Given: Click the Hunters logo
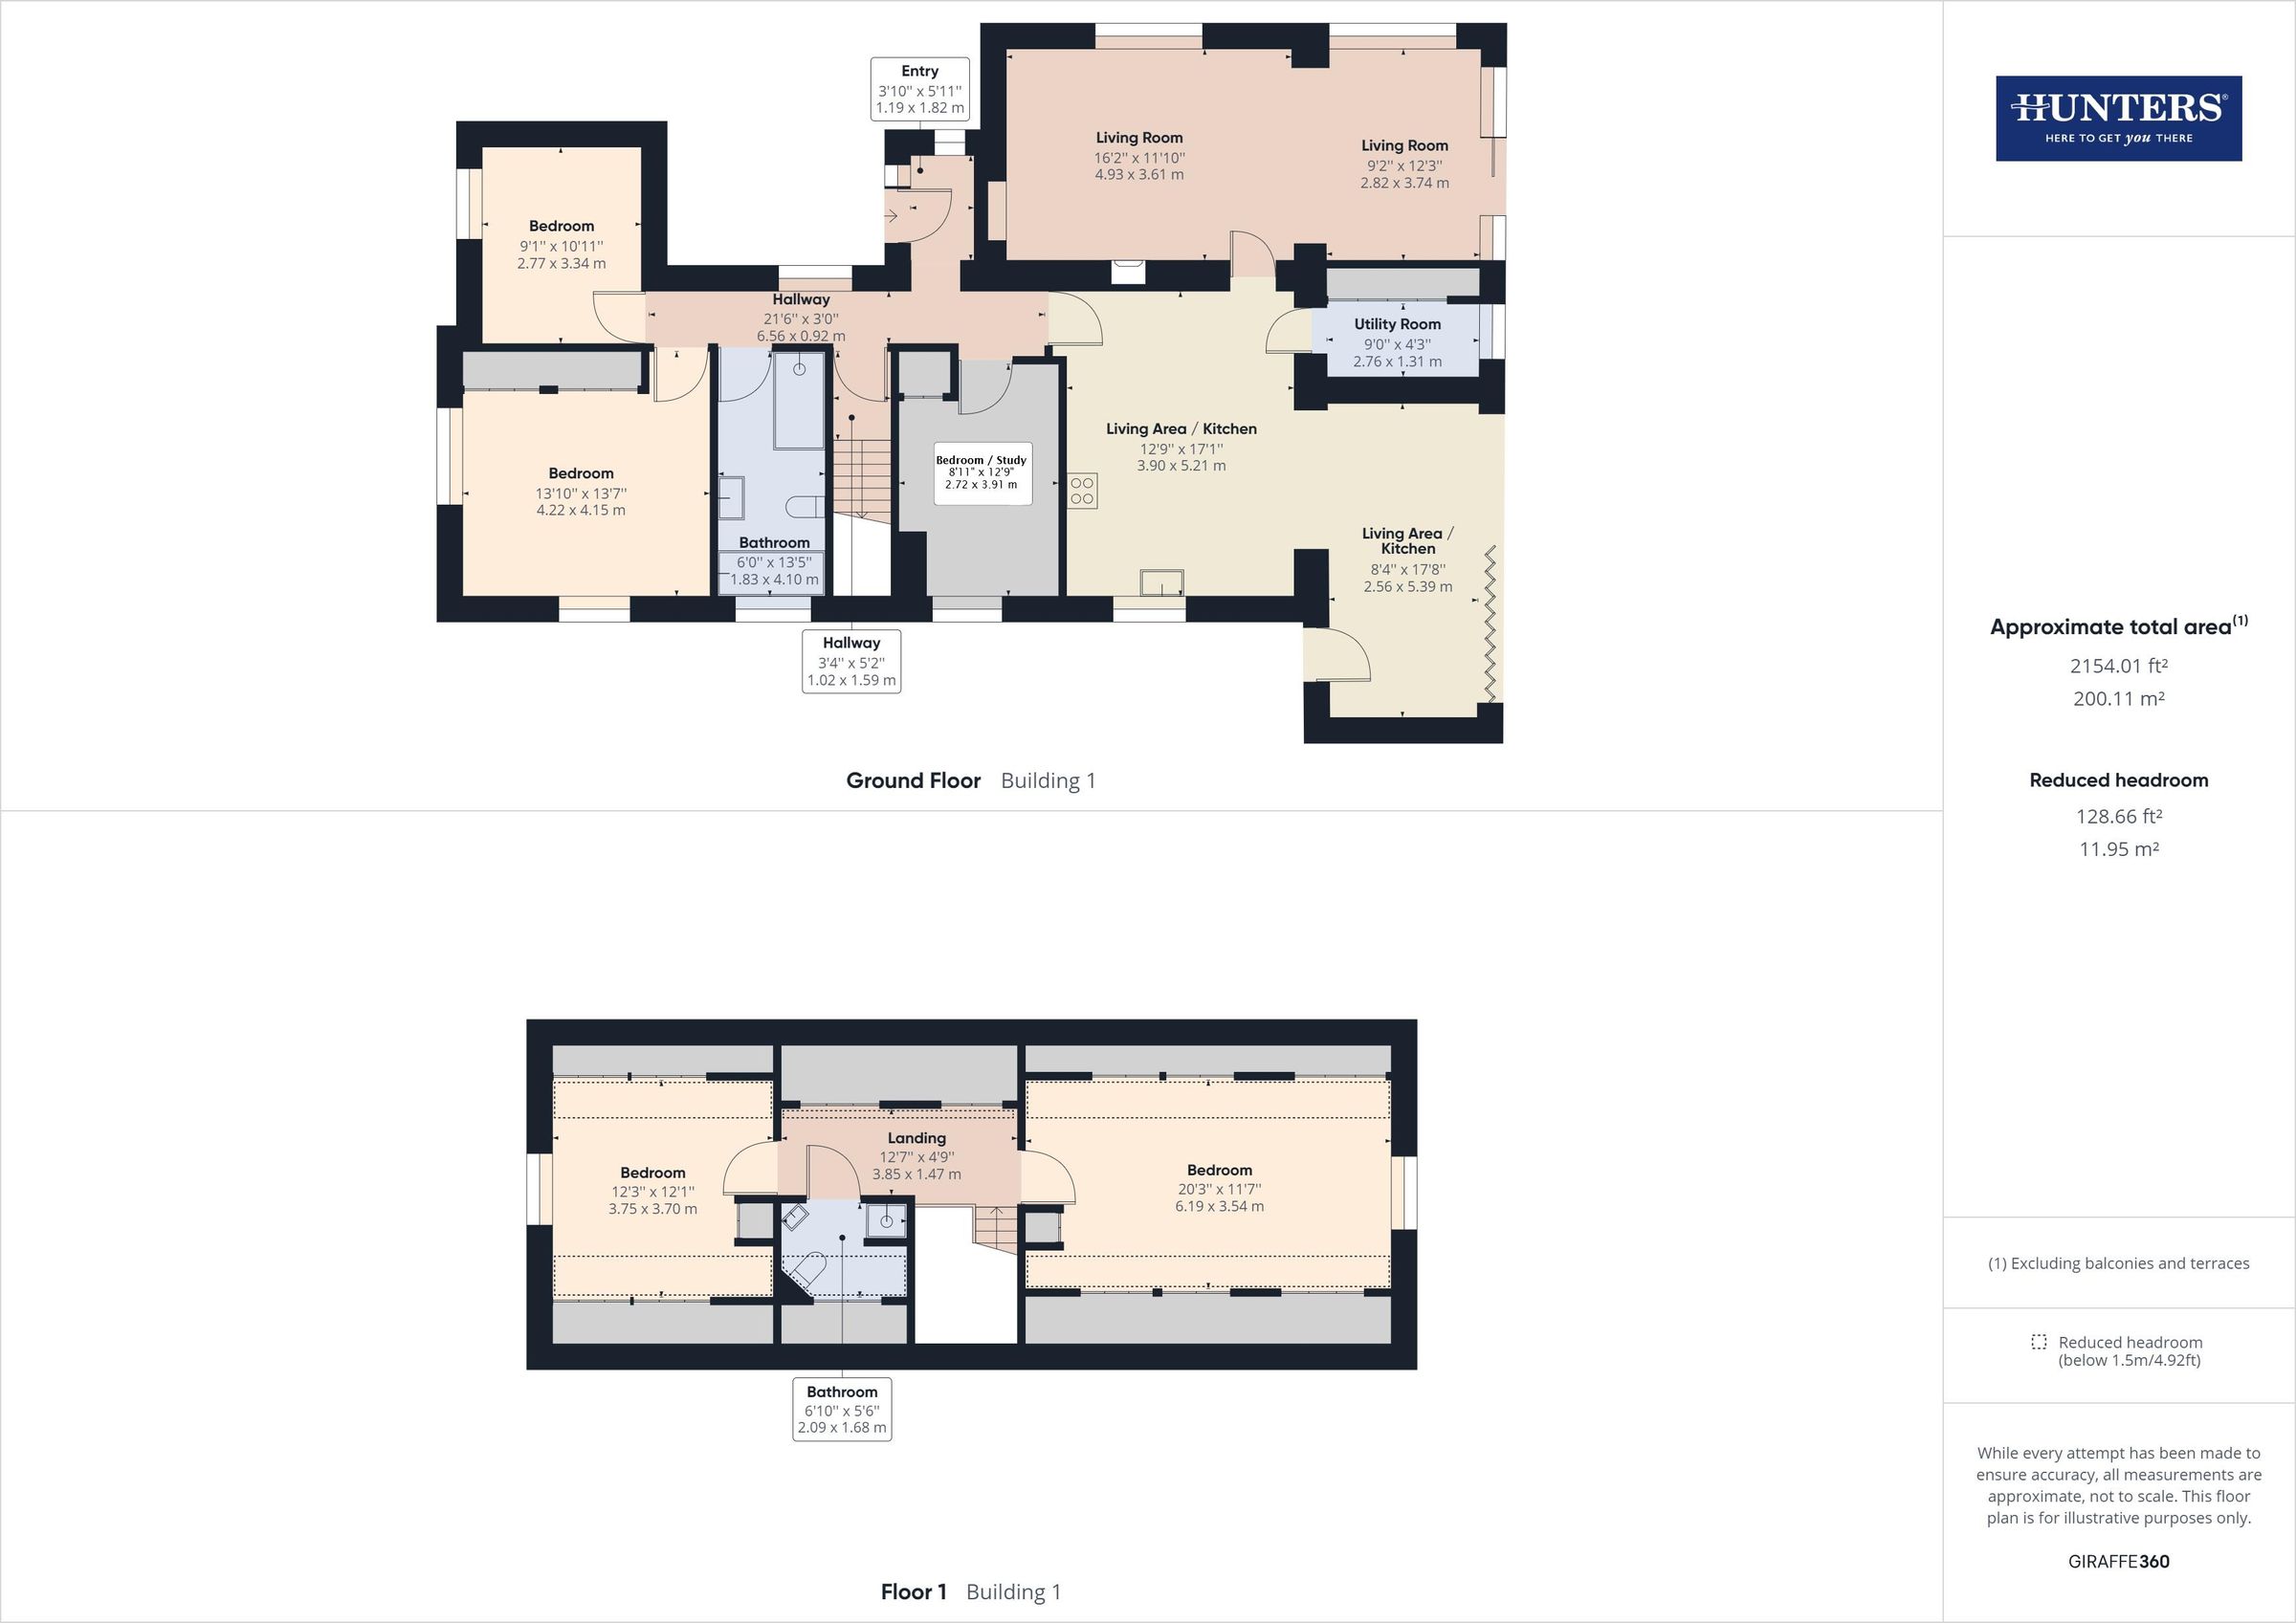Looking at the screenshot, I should click(2118, 118).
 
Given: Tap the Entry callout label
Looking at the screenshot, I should click(919, 89).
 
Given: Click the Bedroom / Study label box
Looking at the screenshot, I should click(981, 473).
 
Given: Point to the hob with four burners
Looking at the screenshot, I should click(1082, 490).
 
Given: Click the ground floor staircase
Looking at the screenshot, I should click(861, 476).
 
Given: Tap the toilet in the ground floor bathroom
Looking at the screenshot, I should click(804, 507).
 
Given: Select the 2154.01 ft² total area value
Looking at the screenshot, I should click(2118, 666).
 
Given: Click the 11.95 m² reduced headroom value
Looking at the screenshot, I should click(2118, 849).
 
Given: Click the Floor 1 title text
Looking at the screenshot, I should click(913, 1591).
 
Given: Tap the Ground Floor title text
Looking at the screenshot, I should click(913, 780).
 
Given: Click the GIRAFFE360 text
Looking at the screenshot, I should click(2118, 1561).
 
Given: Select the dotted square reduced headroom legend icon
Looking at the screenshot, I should click(2038, 1342).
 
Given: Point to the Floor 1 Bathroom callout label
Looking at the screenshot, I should click(842, 1409).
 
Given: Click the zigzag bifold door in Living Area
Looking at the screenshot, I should click(1490, 623).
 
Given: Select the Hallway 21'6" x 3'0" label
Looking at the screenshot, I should click(800, 318).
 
